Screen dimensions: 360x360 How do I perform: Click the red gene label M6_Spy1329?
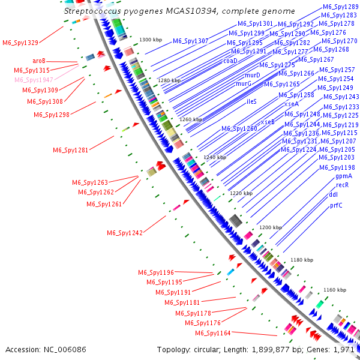coord(20,43)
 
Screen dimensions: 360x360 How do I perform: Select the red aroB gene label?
coord(40,61)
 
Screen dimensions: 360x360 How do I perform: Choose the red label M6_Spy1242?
coord(125,233)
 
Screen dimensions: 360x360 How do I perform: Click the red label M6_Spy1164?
coord(213,333)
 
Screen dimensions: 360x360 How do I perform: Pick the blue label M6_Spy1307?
coord(191,41)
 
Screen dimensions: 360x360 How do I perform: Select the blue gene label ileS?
coord(251,101)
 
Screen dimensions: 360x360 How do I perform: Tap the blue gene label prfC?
coord(337,205)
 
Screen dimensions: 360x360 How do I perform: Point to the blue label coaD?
coord(230,61)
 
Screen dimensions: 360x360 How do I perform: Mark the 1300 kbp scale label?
coord(151,40)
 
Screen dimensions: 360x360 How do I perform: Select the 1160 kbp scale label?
coord(335,290)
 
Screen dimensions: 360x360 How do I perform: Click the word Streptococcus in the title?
coord(91,11)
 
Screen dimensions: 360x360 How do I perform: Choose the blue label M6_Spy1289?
coord(337,6)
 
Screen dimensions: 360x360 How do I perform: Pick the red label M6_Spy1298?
coord(52,115)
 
